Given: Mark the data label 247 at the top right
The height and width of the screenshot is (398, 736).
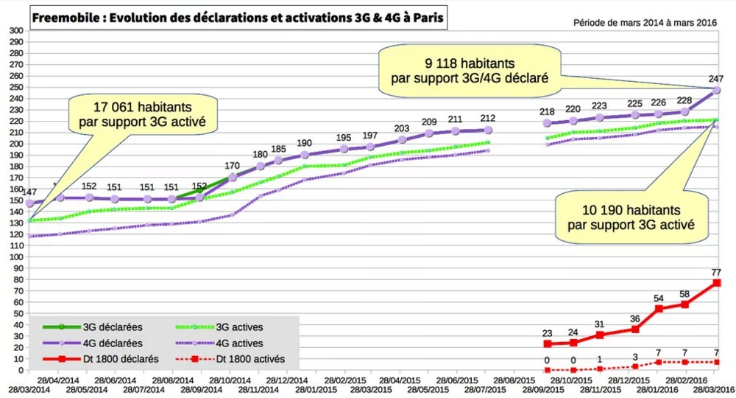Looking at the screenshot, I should pyautogui.click(x=717, y=78).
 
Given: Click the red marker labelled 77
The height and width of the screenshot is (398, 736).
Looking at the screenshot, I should pyautogui.click(x=717, y=283).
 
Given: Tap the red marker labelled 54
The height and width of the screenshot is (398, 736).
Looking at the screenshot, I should pyautogui.click(x=659, y=309).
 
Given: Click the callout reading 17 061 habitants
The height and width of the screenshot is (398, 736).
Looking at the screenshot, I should pyautogui.click(x=147, y=112).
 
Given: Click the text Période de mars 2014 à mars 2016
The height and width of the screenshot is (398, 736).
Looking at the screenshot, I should pyautogui.click(x=645, y=22).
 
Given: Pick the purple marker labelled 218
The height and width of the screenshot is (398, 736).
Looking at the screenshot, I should pyautogui.click(x=546, y=123).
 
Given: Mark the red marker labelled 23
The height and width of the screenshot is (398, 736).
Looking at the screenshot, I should pyautogui.click(x=547, y=344).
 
